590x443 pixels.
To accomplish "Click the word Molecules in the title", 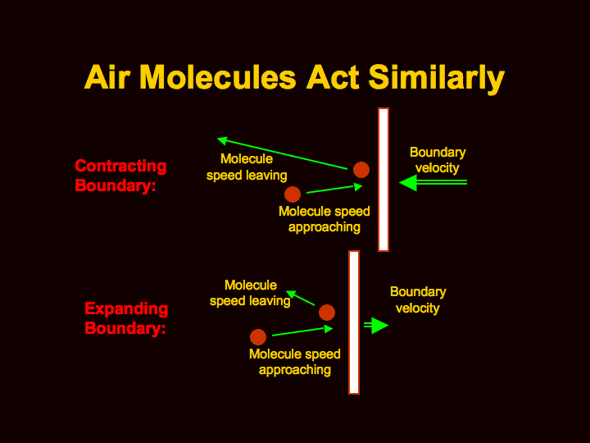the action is click(218, 77).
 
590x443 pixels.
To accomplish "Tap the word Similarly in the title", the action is click(436, 79).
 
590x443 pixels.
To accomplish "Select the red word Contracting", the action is click(120, 166).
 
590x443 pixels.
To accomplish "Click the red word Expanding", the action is click(126, 309).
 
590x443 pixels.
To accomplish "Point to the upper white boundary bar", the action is click(383, 180).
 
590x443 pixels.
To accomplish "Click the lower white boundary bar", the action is click(354, 322).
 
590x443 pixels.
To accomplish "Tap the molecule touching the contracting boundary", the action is click(361, 170).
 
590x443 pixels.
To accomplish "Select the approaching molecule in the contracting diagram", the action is click(293, 194).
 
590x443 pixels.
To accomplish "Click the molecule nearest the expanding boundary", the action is click(327, 313).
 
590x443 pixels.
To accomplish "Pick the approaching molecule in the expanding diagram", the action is click(258, 337).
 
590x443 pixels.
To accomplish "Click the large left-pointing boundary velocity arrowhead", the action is click(408, 183).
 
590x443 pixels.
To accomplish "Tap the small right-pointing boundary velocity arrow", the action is click(376, 326).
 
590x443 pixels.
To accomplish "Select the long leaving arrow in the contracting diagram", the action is click(282, 153).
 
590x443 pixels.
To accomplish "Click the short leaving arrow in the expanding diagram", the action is click(300, 298).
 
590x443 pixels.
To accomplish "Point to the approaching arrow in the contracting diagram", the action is click(334, 190).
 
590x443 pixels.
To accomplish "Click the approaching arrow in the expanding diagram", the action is click(302, 331).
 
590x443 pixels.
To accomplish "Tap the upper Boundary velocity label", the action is click(438, 160).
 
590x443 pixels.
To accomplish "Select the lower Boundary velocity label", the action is click(418, 300).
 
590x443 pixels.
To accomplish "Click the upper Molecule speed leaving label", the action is click(247, 167).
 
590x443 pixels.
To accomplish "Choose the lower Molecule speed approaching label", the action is click(295, 362).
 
